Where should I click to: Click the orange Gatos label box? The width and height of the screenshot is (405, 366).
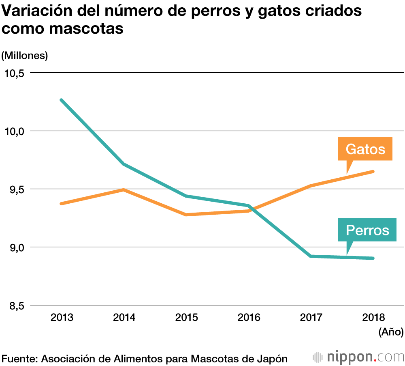click(365, 149)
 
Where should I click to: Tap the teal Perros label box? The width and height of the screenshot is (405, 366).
click(367, 230)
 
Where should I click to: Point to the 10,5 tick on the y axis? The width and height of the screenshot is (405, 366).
click(14, 73)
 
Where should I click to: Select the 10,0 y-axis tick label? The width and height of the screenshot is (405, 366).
click(14, 131)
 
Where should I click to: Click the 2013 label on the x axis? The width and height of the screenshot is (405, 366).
click(62, 317)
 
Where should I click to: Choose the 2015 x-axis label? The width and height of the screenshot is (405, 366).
click(186, 317)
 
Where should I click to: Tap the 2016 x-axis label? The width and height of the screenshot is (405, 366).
click(249, 317)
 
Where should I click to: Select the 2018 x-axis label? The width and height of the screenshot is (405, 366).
click(373, 317)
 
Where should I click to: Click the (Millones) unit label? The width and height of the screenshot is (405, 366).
click(25, 56)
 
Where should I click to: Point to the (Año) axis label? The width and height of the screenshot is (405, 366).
click(391, 332)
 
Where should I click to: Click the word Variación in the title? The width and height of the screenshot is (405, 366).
click(32, 11)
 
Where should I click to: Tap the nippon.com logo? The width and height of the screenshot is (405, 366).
click(358, 357)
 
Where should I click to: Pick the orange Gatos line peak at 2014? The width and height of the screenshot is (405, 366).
click(124, 189)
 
